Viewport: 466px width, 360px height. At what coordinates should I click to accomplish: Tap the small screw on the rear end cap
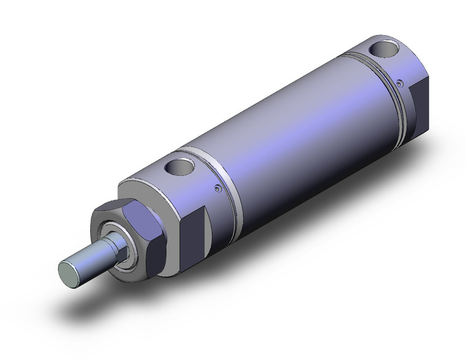click(x=399, y=83)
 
